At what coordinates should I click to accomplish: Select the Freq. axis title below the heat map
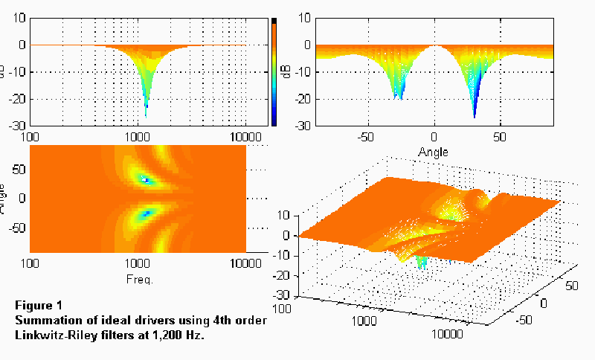pyautogui.click(x=138, y=280)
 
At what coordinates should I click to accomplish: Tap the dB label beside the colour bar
pyautogui.click(x=286, y=71)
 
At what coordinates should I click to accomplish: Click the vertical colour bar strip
pyautogui.click(x=274, y=71)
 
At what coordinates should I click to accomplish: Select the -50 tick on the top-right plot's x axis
pyautogui.click(x=365, y=138)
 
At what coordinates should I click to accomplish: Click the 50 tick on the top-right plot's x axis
pyautogui.click(x=502, y=138)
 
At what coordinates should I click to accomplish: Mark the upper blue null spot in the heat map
pyautogui.click(x=146, y=180)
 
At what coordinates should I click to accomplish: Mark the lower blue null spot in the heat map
pyautogui.click(x=146, y=213)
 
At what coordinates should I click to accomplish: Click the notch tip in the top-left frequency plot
pyautogui.click(x=146, y=116)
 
